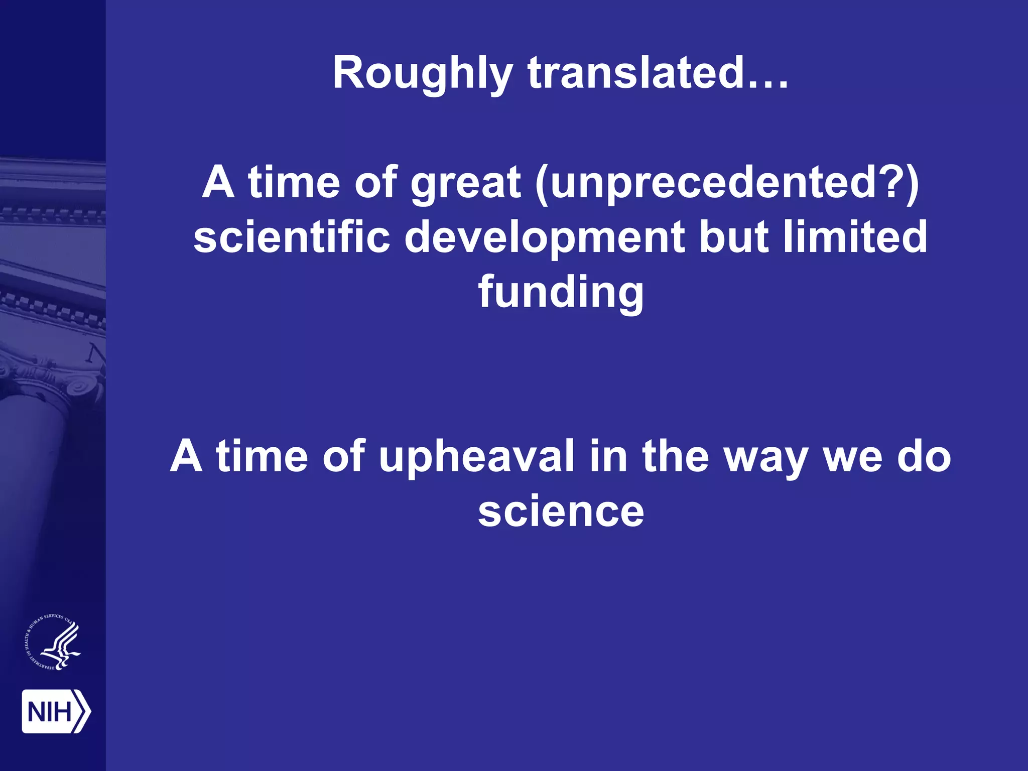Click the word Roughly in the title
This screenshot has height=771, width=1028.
point(422,73)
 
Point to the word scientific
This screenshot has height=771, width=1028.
point(292,237)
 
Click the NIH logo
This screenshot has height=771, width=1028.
point(56,711)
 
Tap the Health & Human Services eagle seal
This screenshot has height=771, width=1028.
point(53,642)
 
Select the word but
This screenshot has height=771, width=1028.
point(733,237)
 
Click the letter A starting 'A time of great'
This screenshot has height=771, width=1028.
point(218,183)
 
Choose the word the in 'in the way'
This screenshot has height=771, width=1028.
point(675,456)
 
